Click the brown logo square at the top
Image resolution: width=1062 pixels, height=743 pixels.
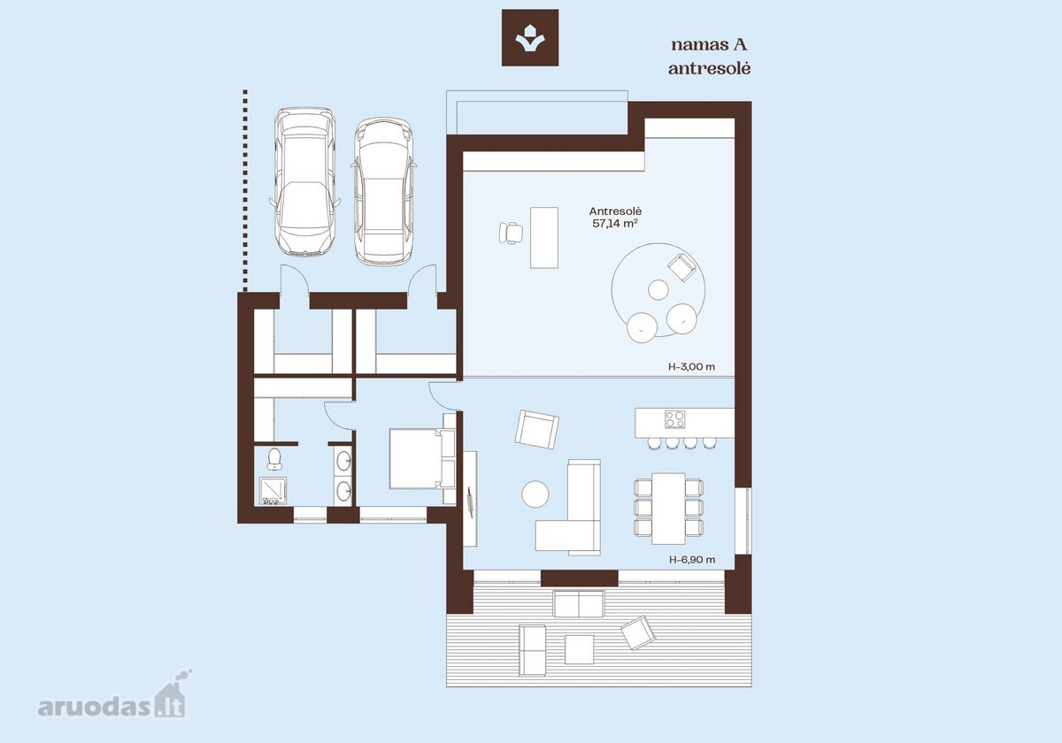[x=530, y=37]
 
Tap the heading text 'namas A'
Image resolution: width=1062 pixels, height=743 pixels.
[x=709, y=45]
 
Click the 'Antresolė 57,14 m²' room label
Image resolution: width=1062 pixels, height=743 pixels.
[x=615, y=218]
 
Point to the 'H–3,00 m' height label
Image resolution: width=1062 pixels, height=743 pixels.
[x=692, y=367]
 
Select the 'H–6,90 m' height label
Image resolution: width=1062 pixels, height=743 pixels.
[x=692, y=560]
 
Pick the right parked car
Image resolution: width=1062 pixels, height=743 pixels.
[x=383, y=191]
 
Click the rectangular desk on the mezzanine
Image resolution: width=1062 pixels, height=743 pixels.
[x=543, y=237]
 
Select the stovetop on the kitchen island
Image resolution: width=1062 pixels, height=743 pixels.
[x=674, y=419]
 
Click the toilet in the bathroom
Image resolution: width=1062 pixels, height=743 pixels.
[x=274, y=459]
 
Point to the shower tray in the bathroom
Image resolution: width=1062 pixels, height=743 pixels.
[x=273, y=491]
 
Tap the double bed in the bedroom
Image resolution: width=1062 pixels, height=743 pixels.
[x=422, y=458]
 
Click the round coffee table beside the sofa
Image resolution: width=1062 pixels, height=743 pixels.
[x=535, y=494]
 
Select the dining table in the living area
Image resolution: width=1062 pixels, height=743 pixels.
[x=668, y=509]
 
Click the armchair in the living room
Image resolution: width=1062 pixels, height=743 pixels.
[x=536, y=429]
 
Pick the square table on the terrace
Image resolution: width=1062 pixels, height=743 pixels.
[x=580, y=649]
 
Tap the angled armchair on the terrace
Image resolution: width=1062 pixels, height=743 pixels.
[x=639, y=632]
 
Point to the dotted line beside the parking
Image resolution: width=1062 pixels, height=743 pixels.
[x=245, y=190]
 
